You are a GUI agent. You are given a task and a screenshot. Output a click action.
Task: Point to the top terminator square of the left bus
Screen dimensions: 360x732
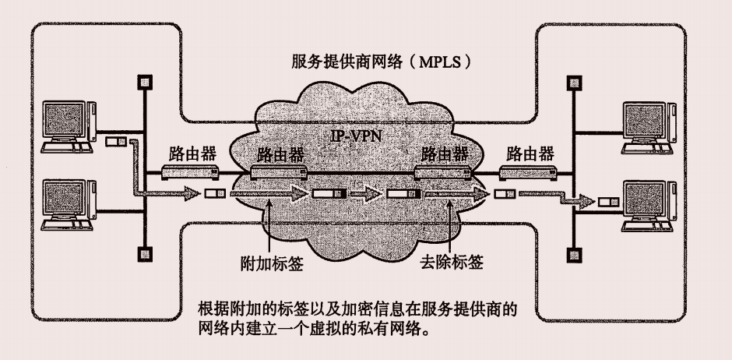pyautogui.click(x=142, y=80)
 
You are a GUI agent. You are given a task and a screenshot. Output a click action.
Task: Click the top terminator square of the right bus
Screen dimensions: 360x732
pyautogui.click(x=573, y=80)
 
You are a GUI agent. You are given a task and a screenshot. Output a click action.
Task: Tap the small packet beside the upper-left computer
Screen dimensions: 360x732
pyautogui.click(x=115, y=142)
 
